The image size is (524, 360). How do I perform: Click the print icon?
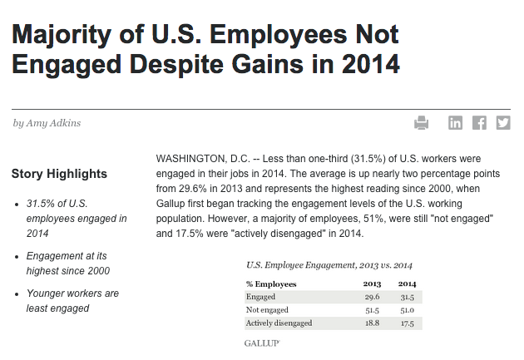pos(422,123)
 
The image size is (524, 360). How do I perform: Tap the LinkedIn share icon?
pos(455,123)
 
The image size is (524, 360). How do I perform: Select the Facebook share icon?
pos(479,123)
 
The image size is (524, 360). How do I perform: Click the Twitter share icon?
pos(502,123)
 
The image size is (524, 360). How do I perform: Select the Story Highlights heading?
pos(59,174)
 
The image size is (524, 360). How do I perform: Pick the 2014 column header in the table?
pos(408,284)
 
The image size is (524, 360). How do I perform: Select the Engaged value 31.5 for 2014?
pos(408,297)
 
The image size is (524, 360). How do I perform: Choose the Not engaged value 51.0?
pos(408,309)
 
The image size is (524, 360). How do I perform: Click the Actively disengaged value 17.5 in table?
pos(408,323)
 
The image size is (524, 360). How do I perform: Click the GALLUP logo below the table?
pos(261,343)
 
